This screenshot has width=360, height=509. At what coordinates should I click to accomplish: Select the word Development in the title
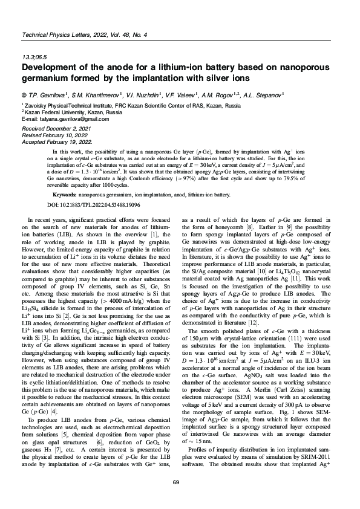(x=51, y=68)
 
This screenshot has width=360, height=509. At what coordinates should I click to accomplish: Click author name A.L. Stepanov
(x=262, y=95)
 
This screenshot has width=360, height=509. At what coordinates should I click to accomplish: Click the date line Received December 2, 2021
(x=56, y=129)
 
